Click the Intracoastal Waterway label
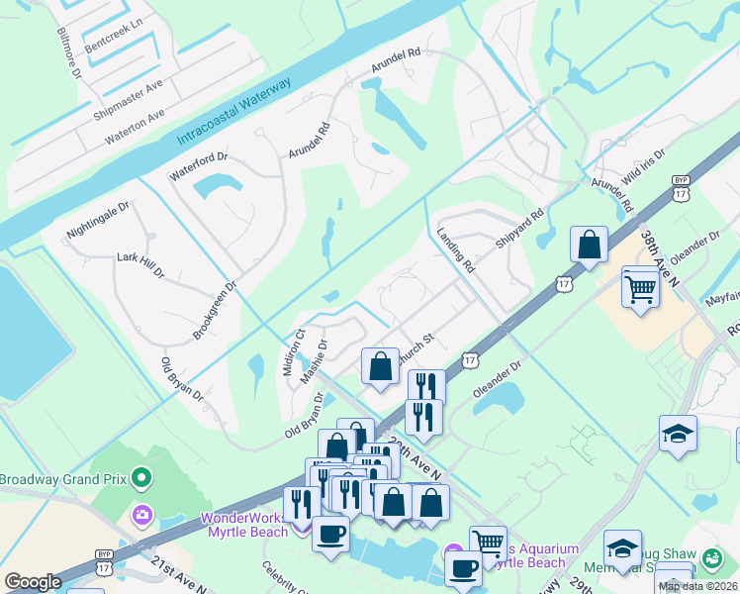233,110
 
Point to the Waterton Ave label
136,125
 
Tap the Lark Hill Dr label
139,264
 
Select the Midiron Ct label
294,351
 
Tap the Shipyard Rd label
521,229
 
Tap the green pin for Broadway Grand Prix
141,480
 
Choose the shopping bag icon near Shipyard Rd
589,245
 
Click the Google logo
33,582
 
